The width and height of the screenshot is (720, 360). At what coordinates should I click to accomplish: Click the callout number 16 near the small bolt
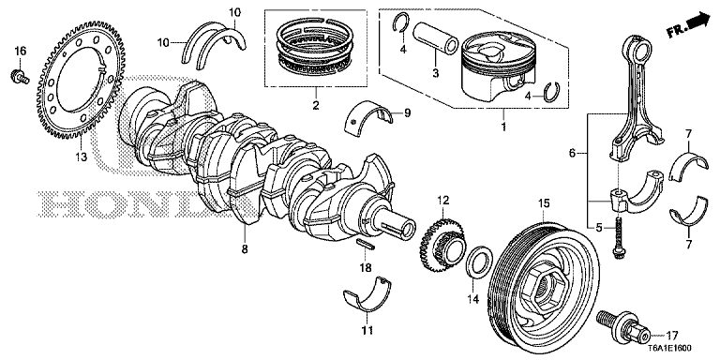[x=20, y=50]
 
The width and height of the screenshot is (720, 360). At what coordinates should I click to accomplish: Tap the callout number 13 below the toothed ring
[x=81, y=157]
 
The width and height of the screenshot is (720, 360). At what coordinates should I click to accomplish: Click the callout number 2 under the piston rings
[x=317, y=106]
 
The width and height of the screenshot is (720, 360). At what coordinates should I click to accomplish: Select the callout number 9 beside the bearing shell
[x=407, y=113]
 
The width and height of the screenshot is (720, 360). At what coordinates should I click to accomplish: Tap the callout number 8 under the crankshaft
[x=245, y=250]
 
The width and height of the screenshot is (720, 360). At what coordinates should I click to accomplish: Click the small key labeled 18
[x=368, y=245]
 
